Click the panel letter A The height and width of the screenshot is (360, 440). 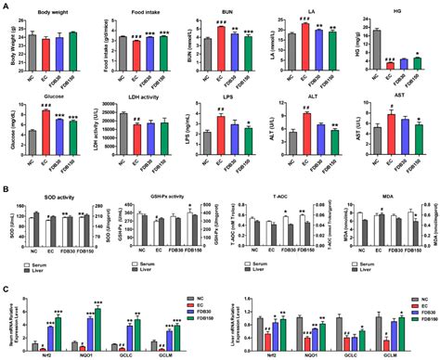[6, 6]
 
